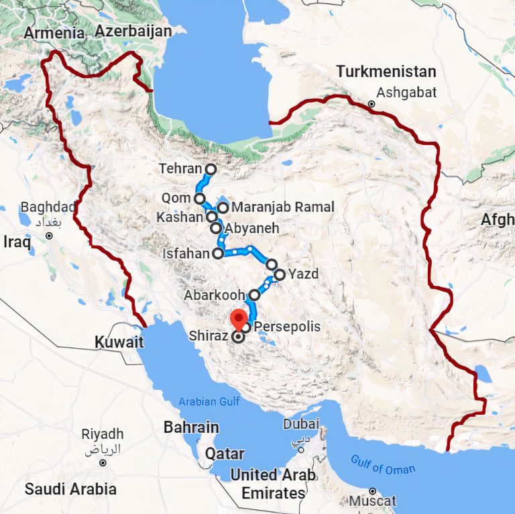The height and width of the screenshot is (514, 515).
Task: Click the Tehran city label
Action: (180, 169)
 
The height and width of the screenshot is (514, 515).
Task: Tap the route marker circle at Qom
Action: (199, 199)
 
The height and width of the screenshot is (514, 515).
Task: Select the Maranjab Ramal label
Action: (282, 207)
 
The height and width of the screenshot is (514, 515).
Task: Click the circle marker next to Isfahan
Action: (217, 254)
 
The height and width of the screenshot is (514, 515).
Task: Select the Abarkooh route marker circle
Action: (255, 295)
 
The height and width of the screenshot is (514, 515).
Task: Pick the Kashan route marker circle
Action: (212, 217)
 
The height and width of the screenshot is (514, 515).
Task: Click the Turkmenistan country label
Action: (386, 71)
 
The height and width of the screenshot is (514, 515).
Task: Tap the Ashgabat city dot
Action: (371, 104)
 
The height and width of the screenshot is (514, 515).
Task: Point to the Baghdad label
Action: (48, 206)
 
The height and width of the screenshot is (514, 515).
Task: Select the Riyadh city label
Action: (103, 434)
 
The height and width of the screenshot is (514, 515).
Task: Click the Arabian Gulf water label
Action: (209, 403)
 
